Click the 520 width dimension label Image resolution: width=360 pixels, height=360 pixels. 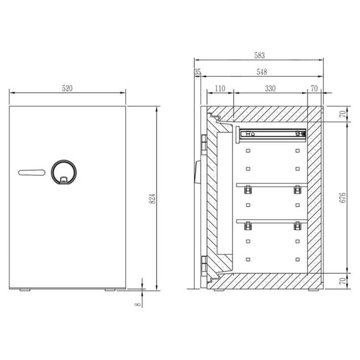[67, 88]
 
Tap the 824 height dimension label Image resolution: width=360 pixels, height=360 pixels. [152, 199]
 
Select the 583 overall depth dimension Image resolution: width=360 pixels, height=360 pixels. [259, 55]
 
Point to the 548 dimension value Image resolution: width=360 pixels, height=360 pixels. [262, 72]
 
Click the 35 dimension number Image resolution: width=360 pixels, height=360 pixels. [197, 72]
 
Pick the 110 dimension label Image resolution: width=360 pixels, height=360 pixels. [220, 88]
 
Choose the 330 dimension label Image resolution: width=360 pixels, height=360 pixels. [270, 88]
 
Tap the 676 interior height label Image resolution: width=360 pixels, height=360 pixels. [342, 198]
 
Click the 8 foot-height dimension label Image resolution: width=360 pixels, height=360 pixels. [138, 304]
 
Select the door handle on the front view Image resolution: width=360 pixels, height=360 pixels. [32, 173]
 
